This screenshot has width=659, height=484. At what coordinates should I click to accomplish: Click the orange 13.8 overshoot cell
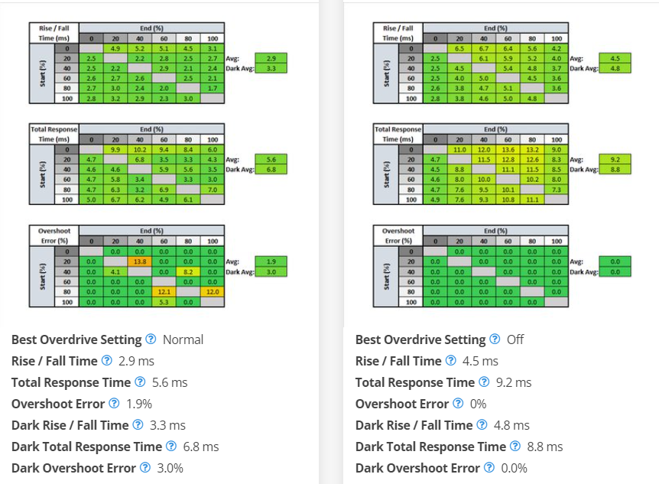point(140,261)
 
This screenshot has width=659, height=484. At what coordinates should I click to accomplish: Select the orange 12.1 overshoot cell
point(164,291)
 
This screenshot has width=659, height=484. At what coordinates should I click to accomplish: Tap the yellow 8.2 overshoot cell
point(187,271)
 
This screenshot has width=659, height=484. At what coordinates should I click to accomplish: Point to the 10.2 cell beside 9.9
point(140,150)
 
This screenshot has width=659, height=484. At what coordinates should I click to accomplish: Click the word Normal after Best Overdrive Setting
point(183,339)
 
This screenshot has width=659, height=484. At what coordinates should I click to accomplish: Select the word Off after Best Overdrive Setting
point(515,339)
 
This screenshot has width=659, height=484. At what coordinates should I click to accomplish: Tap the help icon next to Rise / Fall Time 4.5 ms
point(450,361)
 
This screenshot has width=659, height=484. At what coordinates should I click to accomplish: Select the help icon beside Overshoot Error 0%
point(457,404)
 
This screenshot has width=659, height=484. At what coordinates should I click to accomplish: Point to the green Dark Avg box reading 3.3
point(271,68)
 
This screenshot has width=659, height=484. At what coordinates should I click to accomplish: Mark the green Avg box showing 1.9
point(271,261)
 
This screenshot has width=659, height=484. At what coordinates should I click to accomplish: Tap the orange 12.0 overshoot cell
point(212,291)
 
